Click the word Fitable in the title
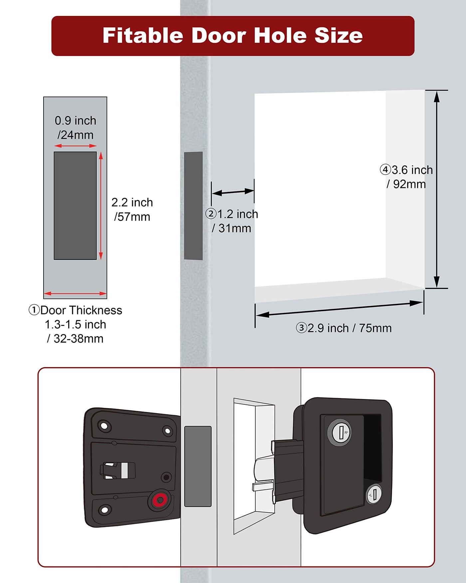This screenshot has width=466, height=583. (143, 35)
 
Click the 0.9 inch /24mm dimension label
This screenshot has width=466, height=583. (76, 128)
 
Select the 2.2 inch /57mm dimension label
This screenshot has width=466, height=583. (132, 210)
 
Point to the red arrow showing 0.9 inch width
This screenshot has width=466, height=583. (75, 146)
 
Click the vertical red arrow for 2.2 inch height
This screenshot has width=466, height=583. (101, 206)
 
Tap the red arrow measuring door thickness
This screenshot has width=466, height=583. (75, 293)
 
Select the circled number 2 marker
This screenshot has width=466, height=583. (211, 214)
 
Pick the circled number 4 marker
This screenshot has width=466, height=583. (385, 170)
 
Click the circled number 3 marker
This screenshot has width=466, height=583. (301, 328)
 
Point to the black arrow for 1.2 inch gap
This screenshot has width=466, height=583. (233, 192)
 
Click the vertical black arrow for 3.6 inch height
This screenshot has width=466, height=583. (437, 189)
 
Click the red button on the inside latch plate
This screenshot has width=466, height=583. (159, 499)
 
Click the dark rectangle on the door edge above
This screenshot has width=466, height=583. (193, 206)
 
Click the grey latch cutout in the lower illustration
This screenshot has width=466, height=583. (198, 466)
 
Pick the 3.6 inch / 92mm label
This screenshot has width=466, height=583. (406, 177)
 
